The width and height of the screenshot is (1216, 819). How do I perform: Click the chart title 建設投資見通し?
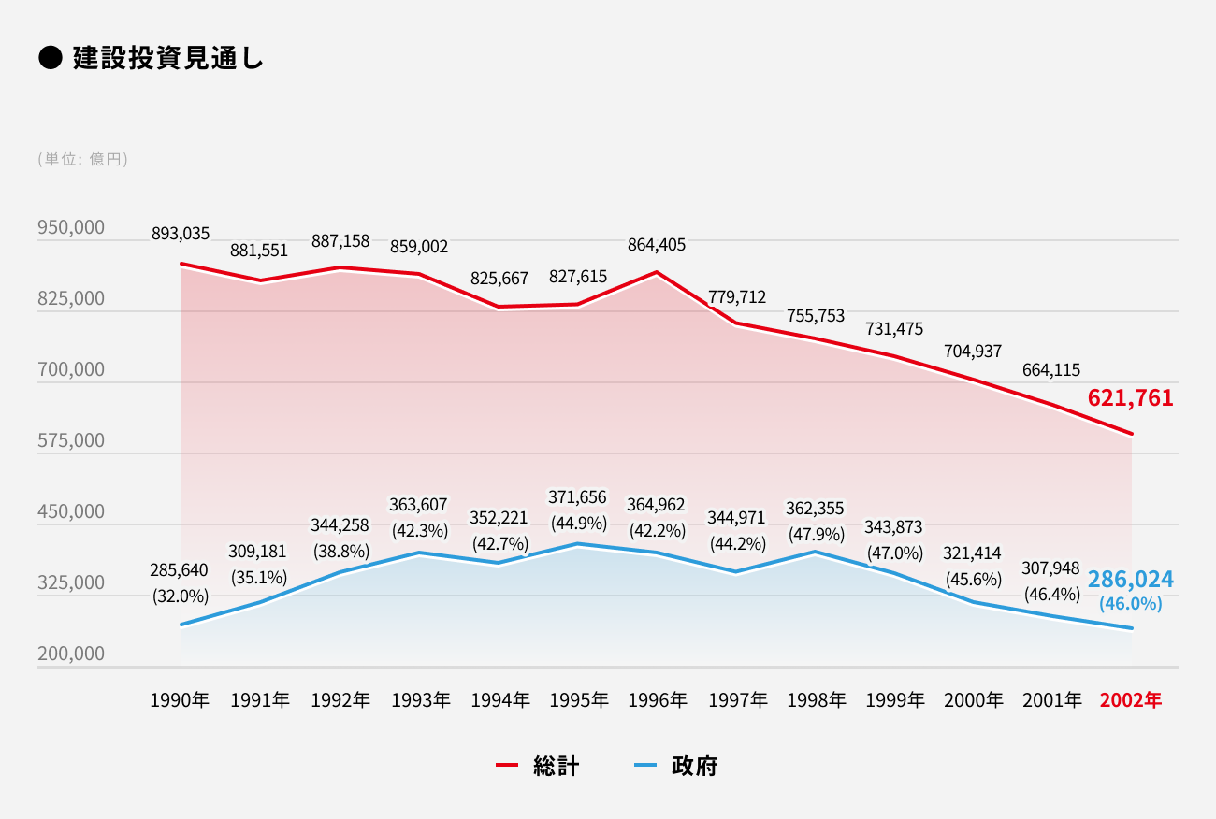(x=167, y=58)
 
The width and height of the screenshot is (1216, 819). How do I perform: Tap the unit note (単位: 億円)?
(x=83, y=159)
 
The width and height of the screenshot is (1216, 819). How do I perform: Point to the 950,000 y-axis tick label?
(x=71, y=228)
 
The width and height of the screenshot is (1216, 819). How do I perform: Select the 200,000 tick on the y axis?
(x=71, y=654)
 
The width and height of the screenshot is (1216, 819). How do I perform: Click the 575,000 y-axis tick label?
(x=71, y=440)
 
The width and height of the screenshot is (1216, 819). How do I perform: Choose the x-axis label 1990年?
(x=181, y=699)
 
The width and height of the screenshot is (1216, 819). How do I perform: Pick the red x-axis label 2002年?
(x=1131, y=699)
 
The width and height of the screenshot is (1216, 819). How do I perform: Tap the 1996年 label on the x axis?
(x=657, y=699)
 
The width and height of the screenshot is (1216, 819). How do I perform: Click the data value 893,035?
(x=181, y=234)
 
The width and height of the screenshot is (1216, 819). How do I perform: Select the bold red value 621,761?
(x=1130, y=398)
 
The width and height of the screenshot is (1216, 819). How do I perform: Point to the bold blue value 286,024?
(x=1130, y=579)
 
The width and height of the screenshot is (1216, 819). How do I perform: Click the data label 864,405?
(x=657, y=245)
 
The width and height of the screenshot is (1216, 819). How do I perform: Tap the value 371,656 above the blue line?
(x=577, y=497)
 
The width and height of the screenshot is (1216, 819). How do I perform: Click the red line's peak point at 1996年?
(x=657, y=272)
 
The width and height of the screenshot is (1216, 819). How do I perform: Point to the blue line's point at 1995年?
(x=577, y=544)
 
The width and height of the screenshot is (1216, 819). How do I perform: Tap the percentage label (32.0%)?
(x=181, y=595)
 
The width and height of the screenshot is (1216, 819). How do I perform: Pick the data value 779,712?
(x=737, y=297)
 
